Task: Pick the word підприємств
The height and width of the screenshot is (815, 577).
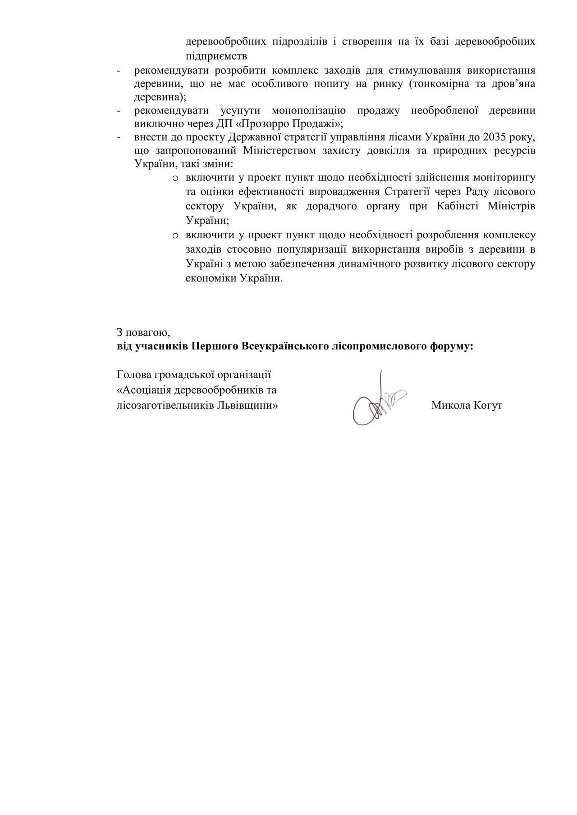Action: pos(216,56)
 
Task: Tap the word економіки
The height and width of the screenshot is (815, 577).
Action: pos(206,278)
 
